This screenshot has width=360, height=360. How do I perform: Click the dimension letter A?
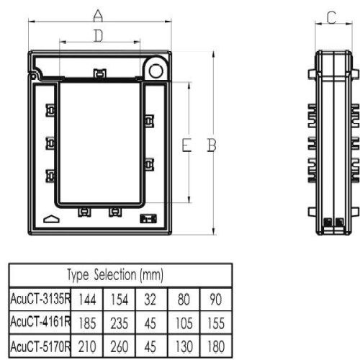(x=98, y=16)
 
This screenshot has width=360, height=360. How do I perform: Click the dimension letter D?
(x=99, y=36)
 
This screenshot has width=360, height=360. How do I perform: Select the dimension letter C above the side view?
(x=332, y=17)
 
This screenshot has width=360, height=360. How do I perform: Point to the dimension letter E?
(x=186, y=145)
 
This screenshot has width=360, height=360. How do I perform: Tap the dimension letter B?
(x=212, y=145)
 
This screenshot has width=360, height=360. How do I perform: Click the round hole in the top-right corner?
(x=156, y=71)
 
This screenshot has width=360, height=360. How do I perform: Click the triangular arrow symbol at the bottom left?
(x=51, y=219)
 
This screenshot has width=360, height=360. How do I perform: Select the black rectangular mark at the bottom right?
(x=148, y=219)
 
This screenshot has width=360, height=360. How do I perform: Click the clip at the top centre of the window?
(x=100, y=73)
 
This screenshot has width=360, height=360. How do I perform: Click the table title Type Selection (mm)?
(x=115, y=275)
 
